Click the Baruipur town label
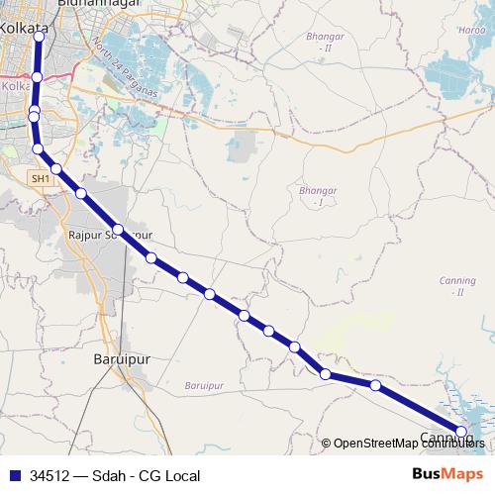point(121,359)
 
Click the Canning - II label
point(457,286)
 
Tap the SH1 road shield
point(40,178)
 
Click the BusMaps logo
point(447,475)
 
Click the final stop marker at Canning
point(460,431)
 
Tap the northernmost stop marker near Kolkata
point(39,35)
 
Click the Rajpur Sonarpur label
point(109,236)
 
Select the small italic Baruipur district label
point(205,384)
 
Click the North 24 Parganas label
point(123,66)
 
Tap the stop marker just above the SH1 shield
point(39,149)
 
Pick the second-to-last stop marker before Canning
point(375,385)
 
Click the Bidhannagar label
point(99,5)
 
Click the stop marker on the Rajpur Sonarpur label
point(118,230)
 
